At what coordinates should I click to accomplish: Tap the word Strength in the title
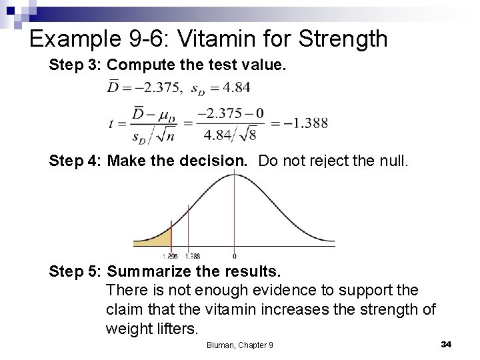344,39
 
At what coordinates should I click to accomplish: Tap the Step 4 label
73,161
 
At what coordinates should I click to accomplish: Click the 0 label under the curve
235,256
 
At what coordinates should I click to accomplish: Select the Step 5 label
73,272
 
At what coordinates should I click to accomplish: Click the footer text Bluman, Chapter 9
239,345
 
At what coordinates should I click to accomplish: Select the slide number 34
446,343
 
